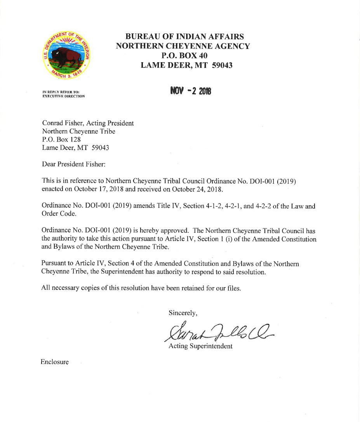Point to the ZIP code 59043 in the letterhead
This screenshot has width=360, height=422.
[x=223, y=66]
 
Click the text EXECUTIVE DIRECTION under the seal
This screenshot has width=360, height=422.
[x=63, y=96]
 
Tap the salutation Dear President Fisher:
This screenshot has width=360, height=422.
[x=73, y=164]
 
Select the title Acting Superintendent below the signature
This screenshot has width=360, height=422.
[x=200, y=346]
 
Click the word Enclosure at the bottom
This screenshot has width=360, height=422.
[x=54, y=362]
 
